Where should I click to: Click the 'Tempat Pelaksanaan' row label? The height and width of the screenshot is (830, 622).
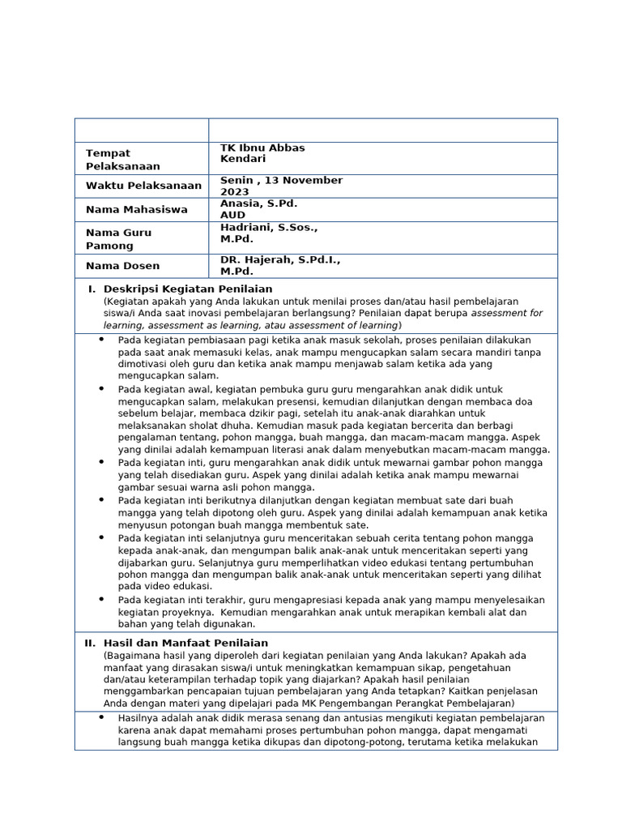click(x=122, y=159)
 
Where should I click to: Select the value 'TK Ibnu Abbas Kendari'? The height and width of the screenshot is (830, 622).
click(x=262, y=153)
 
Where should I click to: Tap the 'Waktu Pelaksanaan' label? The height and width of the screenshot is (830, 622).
click(x=143, y=186)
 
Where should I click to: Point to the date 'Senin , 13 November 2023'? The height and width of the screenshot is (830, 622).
click(x=281, y=186)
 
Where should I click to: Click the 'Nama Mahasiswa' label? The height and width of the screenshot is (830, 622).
click(x=136, y=209)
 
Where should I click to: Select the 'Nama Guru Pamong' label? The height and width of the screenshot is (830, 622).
click(x=118, y=238)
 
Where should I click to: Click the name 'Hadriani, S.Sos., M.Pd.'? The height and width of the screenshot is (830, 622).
click(x=268, y=233)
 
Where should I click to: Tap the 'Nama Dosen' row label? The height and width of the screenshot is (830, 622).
click(x=122, y=265)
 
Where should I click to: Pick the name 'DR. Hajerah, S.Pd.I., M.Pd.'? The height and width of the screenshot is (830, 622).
click(x=279, y=265)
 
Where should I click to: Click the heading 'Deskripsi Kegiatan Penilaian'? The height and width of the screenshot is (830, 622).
click(x=188, y=289)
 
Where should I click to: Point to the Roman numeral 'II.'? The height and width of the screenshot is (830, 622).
click(x=90, y=643)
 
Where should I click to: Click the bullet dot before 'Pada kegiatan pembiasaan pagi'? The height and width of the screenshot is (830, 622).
click(x=101, y=340)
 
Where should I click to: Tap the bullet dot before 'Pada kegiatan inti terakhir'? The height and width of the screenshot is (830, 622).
click(x=101, y=600)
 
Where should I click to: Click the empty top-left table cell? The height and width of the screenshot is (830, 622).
click(x=142, y=130)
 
